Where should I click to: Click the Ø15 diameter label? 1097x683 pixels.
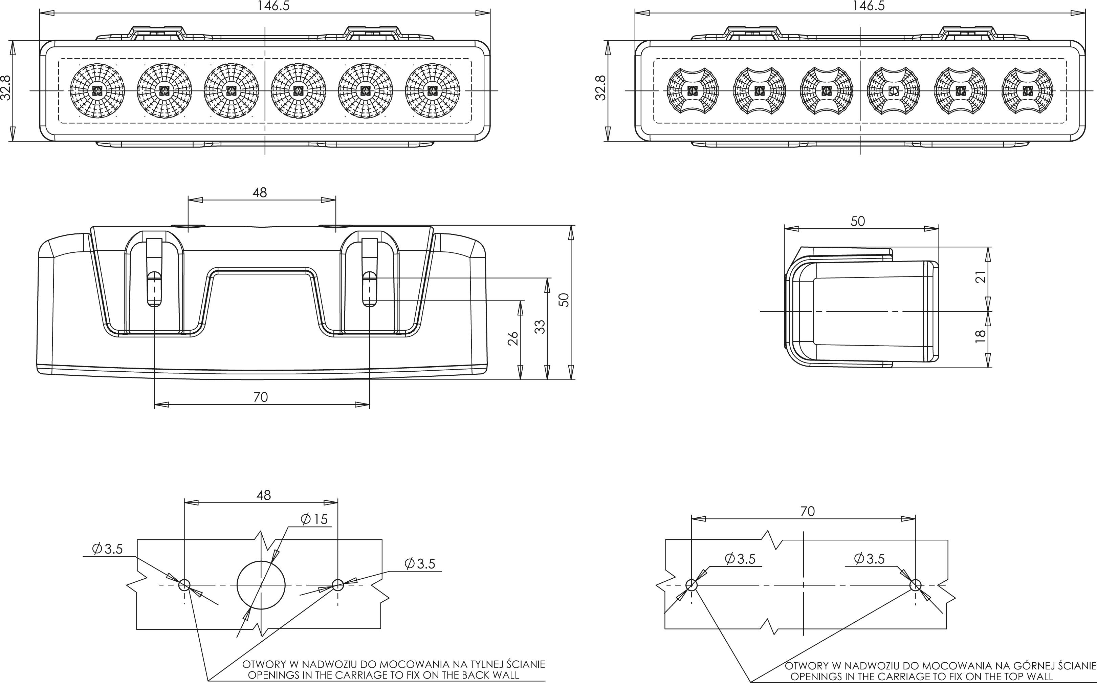314,519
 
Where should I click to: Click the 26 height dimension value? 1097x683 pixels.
513,338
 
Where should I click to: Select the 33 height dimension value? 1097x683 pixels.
540,327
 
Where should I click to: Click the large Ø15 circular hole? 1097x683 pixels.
261,585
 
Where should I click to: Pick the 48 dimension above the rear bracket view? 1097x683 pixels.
260,192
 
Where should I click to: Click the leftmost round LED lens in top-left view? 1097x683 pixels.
96,91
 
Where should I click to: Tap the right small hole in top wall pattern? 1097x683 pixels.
915,585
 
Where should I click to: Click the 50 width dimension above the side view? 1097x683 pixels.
857,221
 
